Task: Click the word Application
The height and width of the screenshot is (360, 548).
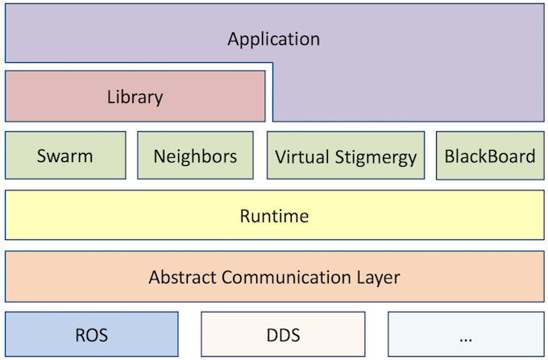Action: pos(273,39)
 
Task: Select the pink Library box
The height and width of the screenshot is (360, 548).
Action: pos(135,97)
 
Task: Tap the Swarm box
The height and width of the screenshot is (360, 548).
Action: pos(65,155)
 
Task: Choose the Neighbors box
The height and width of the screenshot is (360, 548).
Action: pos(196,155)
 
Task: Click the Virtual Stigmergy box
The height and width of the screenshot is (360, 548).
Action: pos(346,155)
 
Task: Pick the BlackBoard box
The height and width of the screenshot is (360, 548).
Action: pos(489,155)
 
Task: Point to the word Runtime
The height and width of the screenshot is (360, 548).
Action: pos(274,216)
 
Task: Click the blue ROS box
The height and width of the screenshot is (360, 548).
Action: pos(91,334)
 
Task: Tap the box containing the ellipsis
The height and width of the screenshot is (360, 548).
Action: pos(465,334)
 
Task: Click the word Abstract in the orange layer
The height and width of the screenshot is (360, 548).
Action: pos(181,277)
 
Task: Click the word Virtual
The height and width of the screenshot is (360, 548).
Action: pos(300,156)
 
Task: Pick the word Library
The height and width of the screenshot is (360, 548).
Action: pos(135,97)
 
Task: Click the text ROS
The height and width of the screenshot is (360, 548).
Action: pos(91,334)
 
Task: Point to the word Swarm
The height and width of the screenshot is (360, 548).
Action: pos(65,155)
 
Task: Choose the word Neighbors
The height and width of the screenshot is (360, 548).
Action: pos(196,155)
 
